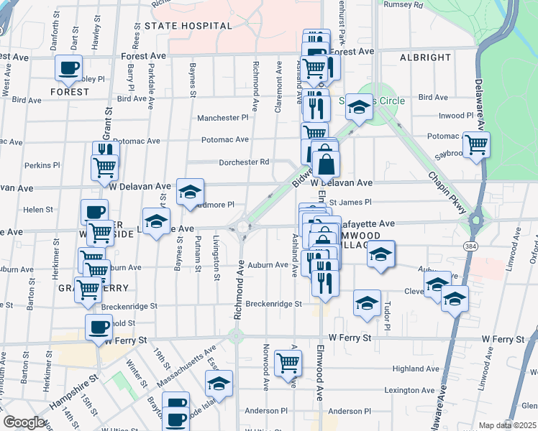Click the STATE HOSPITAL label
[188, 26]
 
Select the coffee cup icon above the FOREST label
[69, 68]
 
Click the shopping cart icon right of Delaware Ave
[476, 145]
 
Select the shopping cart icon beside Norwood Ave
[288, 364]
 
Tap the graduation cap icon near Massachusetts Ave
[219, 384]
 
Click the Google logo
[24, 422]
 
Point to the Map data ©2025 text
[508, 425]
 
